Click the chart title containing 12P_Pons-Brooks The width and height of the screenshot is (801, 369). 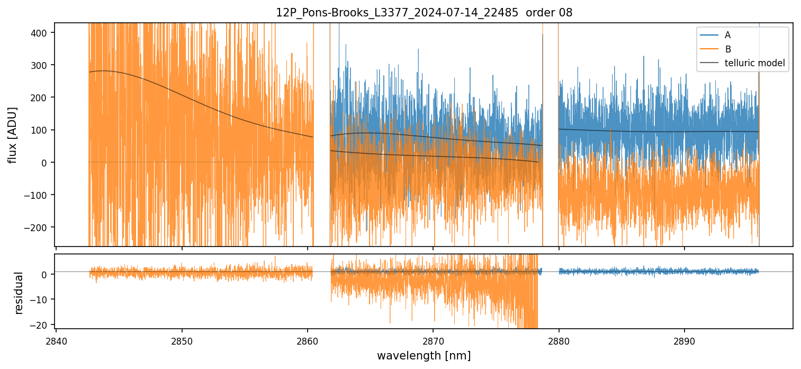[x=424, y=13]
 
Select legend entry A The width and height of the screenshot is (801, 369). [x=727, y=35]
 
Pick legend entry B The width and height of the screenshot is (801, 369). [x=728, y=49]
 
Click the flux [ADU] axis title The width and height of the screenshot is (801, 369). [x=12, y=135]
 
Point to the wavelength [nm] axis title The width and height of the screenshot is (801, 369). [x=424, y=356]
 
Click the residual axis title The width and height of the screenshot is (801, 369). [x=19, y=293]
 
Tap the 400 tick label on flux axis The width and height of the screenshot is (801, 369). [x=40, y=33]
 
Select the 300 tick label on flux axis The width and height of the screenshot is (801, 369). [x=40, y=65]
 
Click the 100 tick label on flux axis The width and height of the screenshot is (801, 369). [x=40, y=130]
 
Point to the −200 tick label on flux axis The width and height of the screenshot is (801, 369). [x=37, y=227]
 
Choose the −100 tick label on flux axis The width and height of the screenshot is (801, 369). [x=37, y=195]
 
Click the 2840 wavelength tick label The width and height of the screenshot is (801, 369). [x=56, y=340]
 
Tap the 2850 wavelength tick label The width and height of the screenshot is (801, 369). [x=182, y=340]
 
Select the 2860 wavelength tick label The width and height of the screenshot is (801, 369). [x=308, y=340]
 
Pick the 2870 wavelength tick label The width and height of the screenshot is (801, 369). [x=433, y=340]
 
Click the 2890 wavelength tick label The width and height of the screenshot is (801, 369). [x=684, y=340]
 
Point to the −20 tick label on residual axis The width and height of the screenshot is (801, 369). [x=40, y=324]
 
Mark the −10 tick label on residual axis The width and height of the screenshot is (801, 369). [x=40, y=300]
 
